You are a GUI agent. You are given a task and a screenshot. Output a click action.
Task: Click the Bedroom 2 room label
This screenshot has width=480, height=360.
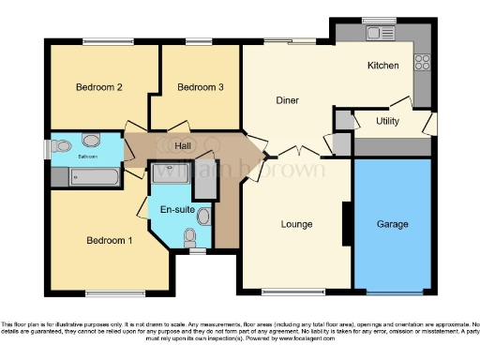point(99,87)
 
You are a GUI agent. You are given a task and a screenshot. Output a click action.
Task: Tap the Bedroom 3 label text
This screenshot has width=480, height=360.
point(201,87)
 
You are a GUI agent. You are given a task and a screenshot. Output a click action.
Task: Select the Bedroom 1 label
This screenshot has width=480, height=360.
point(110,240)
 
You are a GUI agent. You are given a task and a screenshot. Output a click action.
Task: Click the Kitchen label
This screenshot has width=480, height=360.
point(383,66)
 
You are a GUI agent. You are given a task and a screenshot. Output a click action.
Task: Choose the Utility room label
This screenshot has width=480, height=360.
point(388,122)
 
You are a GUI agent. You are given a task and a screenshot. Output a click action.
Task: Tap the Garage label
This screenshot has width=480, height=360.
point(392,225)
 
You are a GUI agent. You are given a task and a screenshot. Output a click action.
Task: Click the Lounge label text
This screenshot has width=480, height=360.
point(296,224)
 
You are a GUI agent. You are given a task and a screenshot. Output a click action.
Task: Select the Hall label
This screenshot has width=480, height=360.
point(184,145)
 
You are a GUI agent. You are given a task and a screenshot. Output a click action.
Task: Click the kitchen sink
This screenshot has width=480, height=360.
point(381,34)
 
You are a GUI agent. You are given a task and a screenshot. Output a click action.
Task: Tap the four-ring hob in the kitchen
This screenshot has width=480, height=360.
point(421,64)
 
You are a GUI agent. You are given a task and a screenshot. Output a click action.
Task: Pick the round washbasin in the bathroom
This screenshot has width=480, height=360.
point(91,141)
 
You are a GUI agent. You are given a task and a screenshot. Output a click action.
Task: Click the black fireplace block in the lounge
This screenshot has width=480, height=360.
point(348,224)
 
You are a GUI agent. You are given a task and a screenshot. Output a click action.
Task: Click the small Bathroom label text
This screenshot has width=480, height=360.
point(87,157)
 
